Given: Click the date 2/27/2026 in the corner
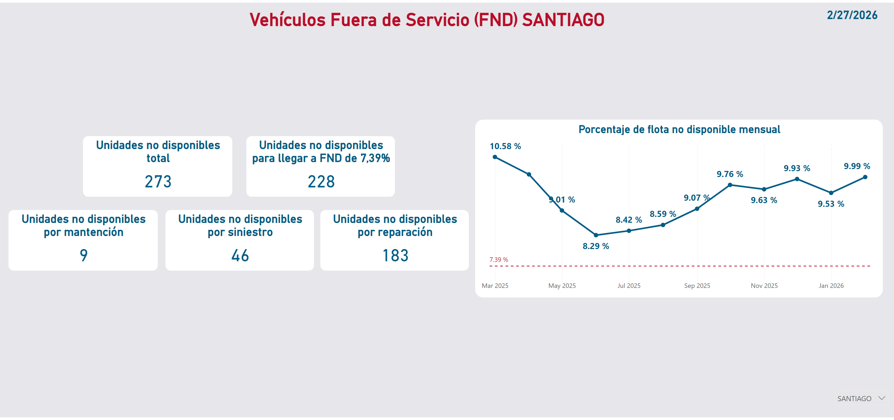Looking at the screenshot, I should point(852,15).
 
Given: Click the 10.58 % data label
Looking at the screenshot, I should point(505,146).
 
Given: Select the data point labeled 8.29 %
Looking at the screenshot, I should point(596,235).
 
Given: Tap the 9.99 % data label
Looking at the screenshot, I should point(856,166).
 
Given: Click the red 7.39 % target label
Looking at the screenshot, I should point(498,260).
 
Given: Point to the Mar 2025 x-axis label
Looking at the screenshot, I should point(495,286).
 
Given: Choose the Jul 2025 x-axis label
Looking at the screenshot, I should point(629,286).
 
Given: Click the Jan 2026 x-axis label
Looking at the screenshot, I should point(831,286).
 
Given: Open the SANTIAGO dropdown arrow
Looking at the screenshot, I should point(881,398).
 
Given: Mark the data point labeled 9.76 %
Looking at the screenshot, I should point(730,185).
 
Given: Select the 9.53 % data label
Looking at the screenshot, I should point(831,204).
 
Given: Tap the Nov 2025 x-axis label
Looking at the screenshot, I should point(764,286).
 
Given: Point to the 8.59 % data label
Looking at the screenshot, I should point(663,214).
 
